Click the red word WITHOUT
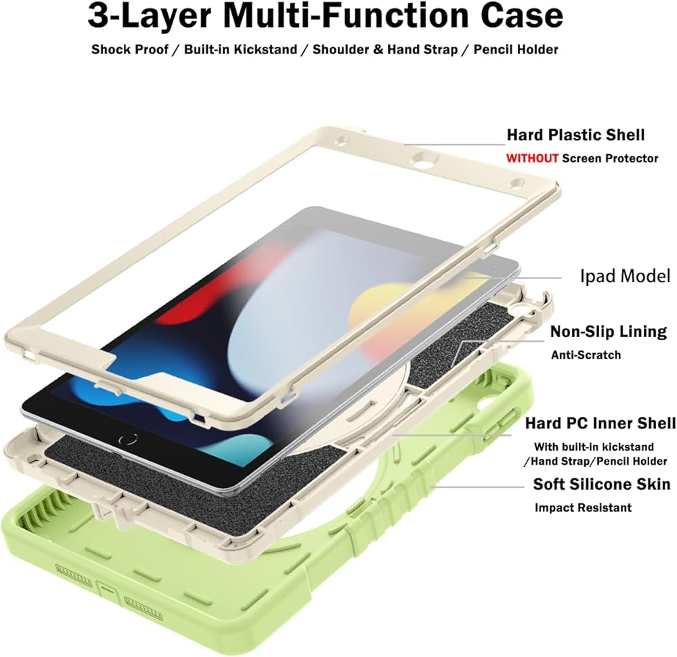[x=533, y=158]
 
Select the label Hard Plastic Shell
[x=575, y=135]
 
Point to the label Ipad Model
[x=625, y=276]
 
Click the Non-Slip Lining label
[x=608, y=332]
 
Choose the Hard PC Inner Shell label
[x=600, y=424]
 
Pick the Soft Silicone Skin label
[x=602, y=484]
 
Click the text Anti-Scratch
[x=586, y=355]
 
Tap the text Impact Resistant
[x=583, y=507]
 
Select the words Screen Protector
[x=610, y=158]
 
